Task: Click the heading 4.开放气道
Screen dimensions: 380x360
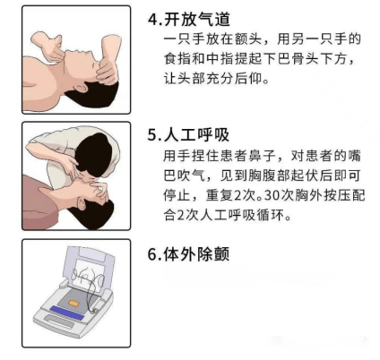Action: [x=189, y=19]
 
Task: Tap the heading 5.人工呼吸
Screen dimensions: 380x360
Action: [x=188, y=135]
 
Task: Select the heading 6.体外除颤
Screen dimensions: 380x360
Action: [x=188, y=254]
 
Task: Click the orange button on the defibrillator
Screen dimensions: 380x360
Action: [x=73, y=304]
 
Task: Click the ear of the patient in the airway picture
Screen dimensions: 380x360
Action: [x=82, y=89]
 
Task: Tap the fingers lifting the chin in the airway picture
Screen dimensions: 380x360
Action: [x=49, y=47]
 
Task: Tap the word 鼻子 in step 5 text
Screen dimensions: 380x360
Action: [x=263, y=156]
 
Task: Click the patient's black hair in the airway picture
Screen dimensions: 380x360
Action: [x=92, y=94]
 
